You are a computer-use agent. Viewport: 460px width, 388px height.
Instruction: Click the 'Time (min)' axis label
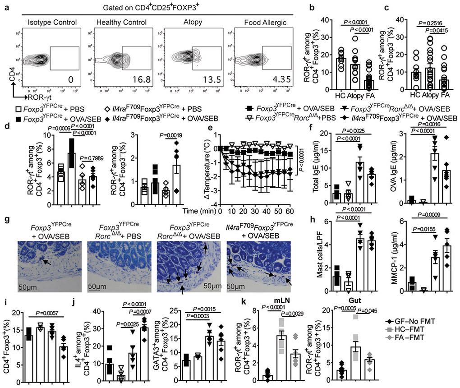click(x=199, y=211)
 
